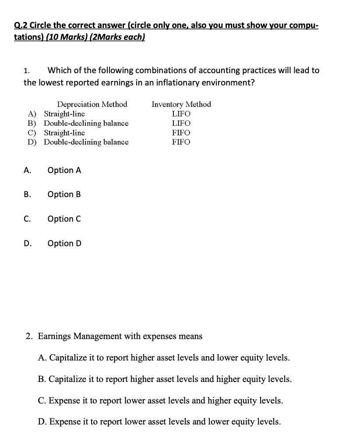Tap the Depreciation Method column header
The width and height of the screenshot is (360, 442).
92,104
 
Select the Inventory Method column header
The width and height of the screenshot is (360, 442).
181,104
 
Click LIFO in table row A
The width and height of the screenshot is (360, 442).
181,114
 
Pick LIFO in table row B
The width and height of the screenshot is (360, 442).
181,124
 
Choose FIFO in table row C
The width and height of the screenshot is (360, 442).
181,133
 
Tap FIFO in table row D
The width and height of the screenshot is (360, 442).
181,142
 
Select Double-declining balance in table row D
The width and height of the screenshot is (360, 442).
86,142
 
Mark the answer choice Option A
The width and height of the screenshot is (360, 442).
64,170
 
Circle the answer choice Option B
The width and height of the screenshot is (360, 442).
64,194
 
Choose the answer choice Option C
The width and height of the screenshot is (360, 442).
64,219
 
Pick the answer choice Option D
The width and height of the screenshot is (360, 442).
64,243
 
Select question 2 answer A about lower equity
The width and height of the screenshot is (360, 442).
164,358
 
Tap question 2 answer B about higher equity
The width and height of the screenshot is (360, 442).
165,379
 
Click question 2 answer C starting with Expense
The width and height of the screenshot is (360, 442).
160,400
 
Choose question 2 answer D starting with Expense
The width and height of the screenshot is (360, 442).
159,421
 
